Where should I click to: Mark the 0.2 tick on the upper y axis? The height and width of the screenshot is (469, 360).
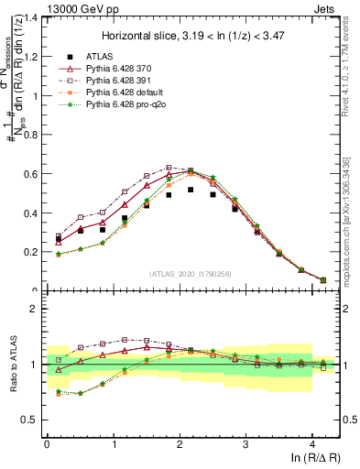[x=30, y=252]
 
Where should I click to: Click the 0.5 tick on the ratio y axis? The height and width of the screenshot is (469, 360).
[x=30, y=420]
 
